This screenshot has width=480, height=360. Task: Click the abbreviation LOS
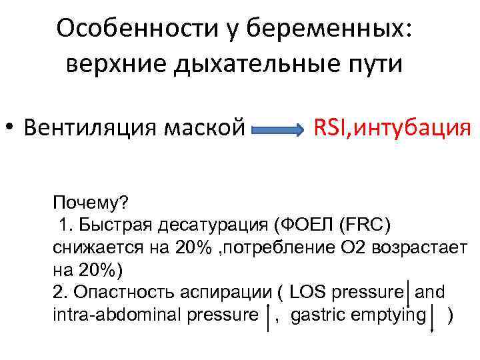pos(305,293)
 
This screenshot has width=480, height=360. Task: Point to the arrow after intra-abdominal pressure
pos(267,318)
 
